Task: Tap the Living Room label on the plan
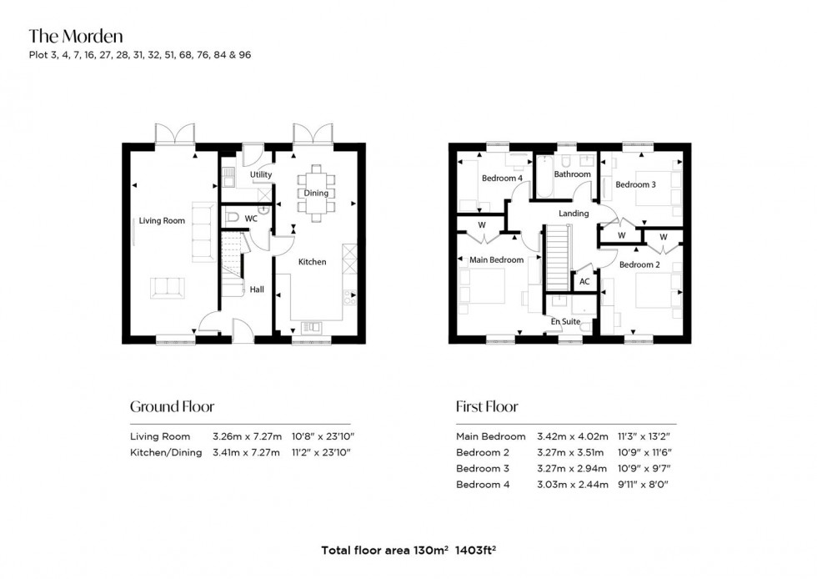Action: tap(162, 221)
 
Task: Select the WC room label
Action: tap(250, 218)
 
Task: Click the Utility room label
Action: tap(261, 175)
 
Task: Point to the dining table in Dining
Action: tap(316, 194)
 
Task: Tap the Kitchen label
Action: tap(313, 262)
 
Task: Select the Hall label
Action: tap(257, 289)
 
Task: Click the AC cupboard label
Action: tap(584, 282)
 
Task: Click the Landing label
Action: tap(574, 214)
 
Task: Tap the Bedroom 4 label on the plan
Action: tap(502, 178)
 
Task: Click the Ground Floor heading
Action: tap(172, 407)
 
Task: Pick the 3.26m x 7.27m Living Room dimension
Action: tap(248, 436)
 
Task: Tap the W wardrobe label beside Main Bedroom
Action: tap(482, 225)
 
